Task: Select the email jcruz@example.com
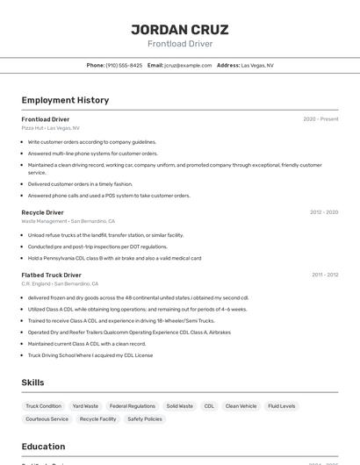coord(188,65)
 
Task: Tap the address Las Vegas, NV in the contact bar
coord(256,65)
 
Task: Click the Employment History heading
coord(65,100)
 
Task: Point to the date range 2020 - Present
coord(320,119)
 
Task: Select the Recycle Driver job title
coord(42,212)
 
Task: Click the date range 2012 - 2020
coord(323,212)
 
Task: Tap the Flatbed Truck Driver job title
coord(51,275)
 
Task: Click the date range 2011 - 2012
coord(324,275)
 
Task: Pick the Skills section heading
coord(32,383)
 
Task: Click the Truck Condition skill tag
coord(44,406)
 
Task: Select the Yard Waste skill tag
coord(85,406)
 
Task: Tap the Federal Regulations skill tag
coord(133,406)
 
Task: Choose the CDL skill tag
coord(209,406)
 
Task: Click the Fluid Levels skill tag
coord(281,406)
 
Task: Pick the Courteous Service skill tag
coord(47,419)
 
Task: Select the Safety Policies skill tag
coord(145,419)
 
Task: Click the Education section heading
coord(43,446)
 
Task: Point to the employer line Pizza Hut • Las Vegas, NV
coord(50,128)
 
